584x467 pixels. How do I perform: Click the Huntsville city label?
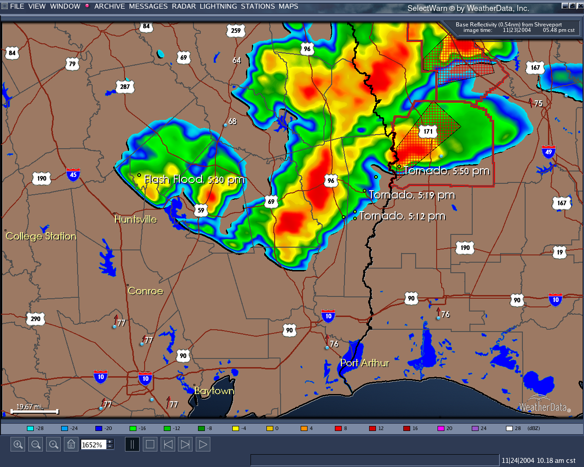(136, 219)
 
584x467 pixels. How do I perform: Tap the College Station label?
(41, 236)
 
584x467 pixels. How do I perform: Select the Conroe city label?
(145, 291)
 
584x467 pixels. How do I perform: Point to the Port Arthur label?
(365, 363)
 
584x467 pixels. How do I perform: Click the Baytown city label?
(214, 391)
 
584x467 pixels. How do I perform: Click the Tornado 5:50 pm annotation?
(446, 171)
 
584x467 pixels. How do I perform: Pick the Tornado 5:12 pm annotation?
(402, 216)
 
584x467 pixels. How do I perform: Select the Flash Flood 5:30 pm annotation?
(194, 180)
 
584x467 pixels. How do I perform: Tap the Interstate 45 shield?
(73, 174)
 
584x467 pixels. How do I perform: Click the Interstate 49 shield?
(548, 152)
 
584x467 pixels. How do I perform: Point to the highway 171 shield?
(428, 131)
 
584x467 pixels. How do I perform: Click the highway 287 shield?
(125, 87)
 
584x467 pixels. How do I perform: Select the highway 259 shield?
(236, 31)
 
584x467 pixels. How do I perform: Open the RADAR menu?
(184, 6)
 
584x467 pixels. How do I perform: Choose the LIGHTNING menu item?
(218, 6)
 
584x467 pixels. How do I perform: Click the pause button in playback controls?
(132, 444)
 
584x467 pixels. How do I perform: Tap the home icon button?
(71, 444)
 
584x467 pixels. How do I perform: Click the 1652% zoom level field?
(93, 445)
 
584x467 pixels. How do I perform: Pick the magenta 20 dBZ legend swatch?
(441, 428)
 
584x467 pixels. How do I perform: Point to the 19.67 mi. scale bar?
(35, 411)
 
